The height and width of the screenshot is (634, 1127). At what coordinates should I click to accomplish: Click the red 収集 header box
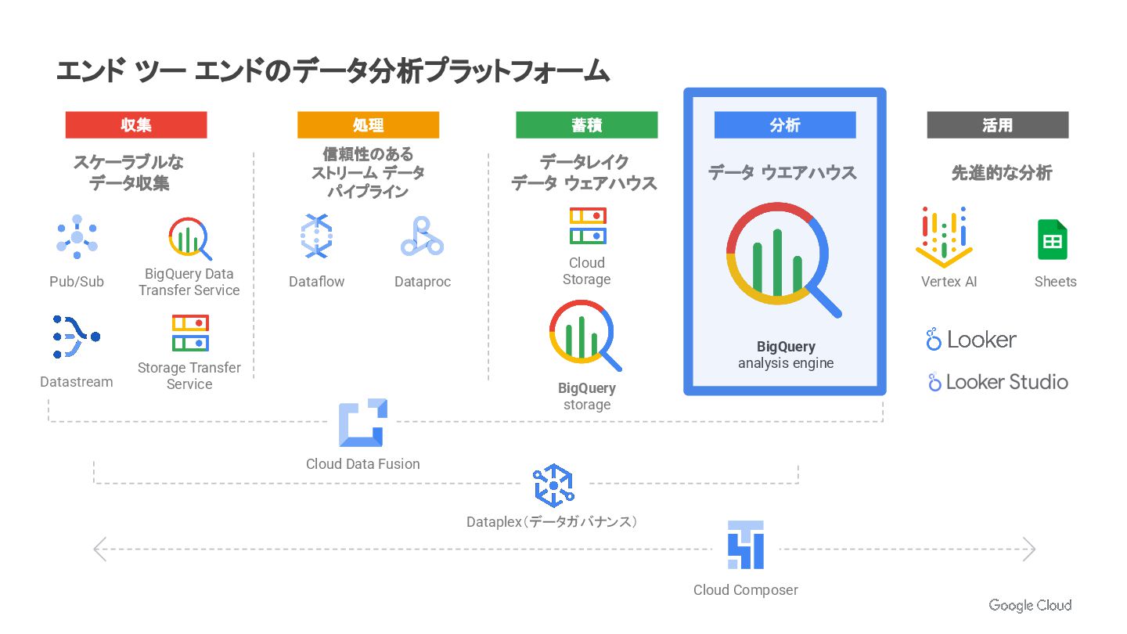coord(136,125)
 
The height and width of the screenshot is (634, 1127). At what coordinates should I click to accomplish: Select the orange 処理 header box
coord(368,125)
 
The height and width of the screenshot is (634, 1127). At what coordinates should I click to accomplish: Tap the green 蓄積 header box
coord(586,125)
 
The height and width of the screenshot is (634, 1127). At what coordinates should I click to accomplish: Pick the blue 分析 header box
coord(785,125)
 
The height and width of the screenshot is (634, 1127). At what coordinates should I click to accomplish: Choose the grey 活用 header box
coord(997,125)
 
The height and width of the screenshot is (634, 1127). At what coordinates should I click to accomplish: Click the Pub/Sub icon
coord(77,237)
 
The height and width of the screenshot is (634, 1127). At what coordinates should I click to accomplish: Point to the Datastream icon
coord(76,337)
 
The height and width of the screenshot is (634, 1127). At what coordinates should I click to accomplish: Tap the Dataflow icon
coord(316,236)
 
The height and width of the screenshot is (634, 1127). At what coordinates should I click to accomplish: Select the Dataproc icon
coord(422,237)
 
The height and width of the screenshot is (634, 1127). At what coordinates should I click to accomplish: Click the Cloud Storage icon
coord(587,225)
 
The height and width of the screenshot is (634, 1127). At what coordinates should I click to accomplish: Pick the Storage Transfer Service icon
coord(190,333)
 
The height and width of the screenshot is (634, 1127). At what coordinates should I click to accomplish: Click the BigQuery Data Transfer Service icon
coord(190,239)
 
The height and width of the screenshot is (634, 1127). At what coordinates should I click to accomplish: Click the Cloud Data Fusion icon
coord(363,423)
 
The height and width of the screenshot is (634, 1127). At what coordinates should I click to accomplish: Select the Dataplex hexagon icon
coord(553,485)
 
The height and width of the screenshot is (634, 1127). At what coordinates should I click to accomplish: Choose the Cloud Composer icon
coord(745,545)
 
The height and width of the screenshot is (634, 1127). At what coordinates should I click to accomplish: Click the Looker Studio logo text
coord(998,382)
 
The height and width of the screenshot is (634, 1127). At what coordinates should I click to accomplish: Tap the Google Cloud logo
coord(1030,605)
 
